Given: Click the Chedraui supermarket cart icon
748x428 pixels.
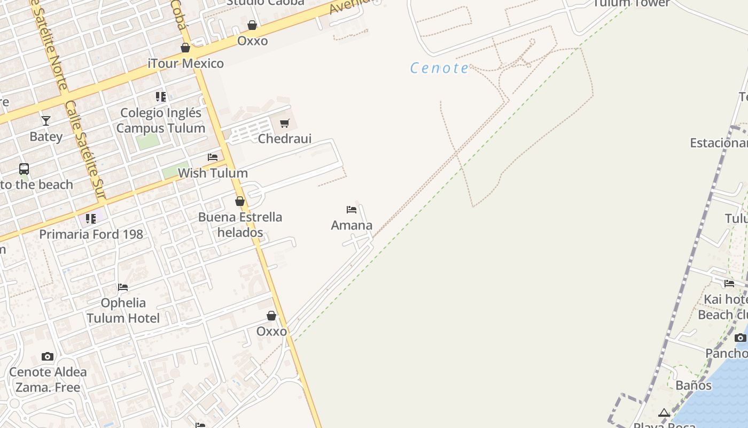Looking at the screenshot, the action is [x=285, y=124].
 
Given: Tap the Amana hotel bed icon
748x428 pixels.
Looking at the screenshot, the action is [x=352, y=210].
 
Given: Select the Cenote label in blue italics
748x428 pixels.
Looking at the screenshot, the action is [x=439, y=68].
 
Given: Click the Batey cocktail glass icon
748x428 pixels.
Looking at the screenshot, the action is [x=46, y=121].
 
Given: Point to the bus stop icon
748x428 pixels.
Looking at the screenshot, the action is [x=24, y=169].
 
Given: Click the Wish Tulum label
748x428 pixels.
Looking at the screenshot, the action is [x=213, y=173].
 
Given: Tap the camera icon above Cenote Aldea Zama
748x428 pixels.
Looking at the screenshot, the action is [x=48, y=356].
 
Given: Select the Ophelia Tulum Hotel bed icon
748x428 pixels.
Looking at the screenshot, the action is [x=123, y=287].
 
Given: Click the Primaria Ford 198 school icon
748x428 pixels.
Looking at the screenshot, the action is [x=91, y=219].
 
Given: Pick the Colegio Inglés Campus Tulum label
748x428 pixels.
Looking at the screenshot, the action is [x=161, y=120].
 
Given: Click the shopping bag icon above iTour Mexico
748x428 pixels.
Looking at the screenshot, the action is [x=185, y=48].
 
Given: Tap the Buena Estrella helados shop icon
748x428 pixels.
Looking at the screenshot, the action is [x=240, y=202].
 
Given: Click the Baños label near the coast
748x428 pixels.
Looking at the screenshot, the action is [x=694, y=385].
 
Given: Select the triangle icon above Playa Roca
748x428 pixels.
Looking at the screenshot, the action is [x=664, y=412].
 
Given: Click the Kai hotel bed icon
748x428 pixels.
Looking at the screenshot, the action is [x=729, y=284].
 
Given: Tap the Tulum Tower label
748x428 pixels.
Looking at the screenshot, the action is [x=631, y=3].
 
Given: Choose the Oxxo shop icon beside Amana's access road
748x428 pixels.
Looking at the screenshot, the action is [x=271, y=316].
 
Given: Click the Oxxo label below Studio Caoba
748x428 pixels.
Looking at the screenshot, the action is [x=252, y=41].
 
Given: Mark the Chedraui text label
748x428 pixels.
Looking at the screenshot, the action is [x=285, y=139].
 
